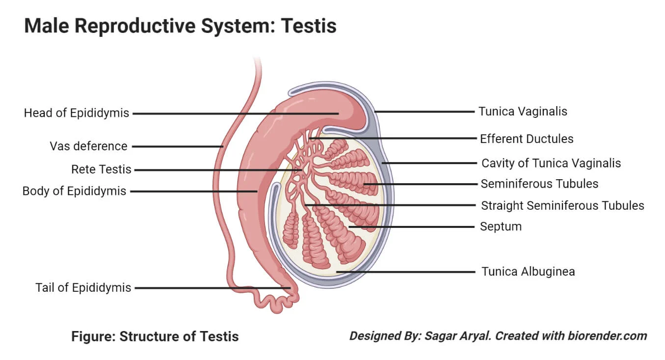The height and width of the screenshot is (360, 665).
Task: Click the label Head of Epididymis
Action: click(77, 113)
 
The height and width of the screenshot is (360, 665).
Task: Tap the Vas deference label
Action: click(88, 146)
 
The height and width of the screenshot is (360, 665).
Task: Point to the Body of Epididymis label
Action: click(75, 191)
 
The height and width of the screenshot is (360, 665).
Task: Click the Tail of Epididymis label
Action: click(83, 288)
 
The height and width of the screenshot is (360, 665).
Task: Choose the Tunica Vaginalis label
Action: click(523, 111)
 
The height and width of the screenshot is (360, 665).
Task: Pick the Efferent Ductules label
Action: click(527, 139)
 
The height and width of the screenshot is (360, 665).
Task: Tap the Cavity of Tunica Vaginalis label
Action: click(551, 163)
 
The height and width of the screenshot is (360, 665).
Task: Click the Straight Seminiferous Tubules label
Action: click(562, 205)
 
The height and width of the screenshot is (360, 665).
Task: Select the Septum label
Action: click(501, 227)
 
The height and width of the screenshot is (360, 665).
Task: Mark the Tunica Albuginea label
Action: click(528, 272)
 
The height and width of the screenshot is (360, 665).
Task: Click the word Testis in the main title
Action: click(309, 26)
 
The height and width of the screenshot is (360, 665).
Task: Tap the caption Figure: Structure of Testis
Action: click(155, 336)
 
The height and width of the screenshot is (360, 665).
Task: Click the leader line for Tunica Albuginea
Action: click(407, 272)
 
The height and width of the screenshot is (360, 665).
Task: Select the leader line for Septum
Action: click(412, 227)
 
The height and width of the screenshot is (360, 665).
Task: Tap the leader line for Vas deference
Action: click(177, 146)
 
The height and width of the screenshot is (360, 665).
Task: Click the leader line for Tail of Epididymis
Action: click(211, 288)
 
